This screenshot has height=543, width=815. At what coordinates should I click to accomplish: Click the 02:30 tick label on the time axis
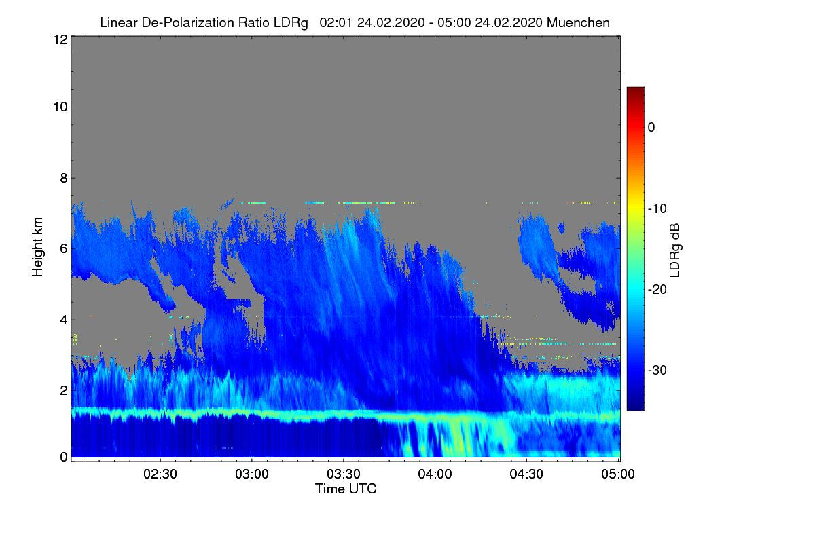pyautogui.click(x=160, y=474)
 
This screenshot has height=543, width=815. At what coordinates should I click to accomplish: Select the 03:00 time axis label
pyautogui.click(x=252, y=474)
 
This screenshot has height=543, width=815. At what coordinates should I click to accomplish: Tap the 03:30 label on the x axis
pyautogui.click(x=344, y=474)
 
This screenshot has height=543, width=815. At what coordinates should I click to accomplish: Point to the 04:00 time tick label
pyautogui.click(x=435, y=474)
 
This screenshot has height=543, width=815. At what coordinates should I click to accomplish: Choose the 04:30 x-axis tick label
pyautogui.click(x=526, y=474)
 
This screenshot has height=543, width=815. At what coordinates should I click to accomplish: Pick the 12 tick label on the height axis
pyautogui.click(x=60, y=39)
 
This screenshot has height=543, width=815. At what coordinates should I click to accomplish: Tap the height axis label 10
pyautogui.click(x=60, y=107)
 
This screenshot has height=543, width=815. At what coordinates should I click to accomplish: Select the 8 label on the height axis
pyautogui.click(x=63, y=179)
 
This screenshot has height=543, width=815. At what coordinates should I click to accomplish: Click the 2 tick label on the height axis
pyautogui.click(x=63, y=390)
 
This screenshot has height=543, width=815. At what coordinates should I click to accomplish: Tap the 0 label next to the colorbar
pyautogui.click(x=651, y=127)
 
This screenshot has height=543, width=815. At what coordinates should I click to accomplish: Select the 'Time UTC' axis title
pyautogui.click(x=346, y=489)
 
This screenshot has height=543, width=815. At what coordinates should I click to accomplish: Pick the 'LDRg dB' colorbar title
pyautogui.click(x=674, y=249)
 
